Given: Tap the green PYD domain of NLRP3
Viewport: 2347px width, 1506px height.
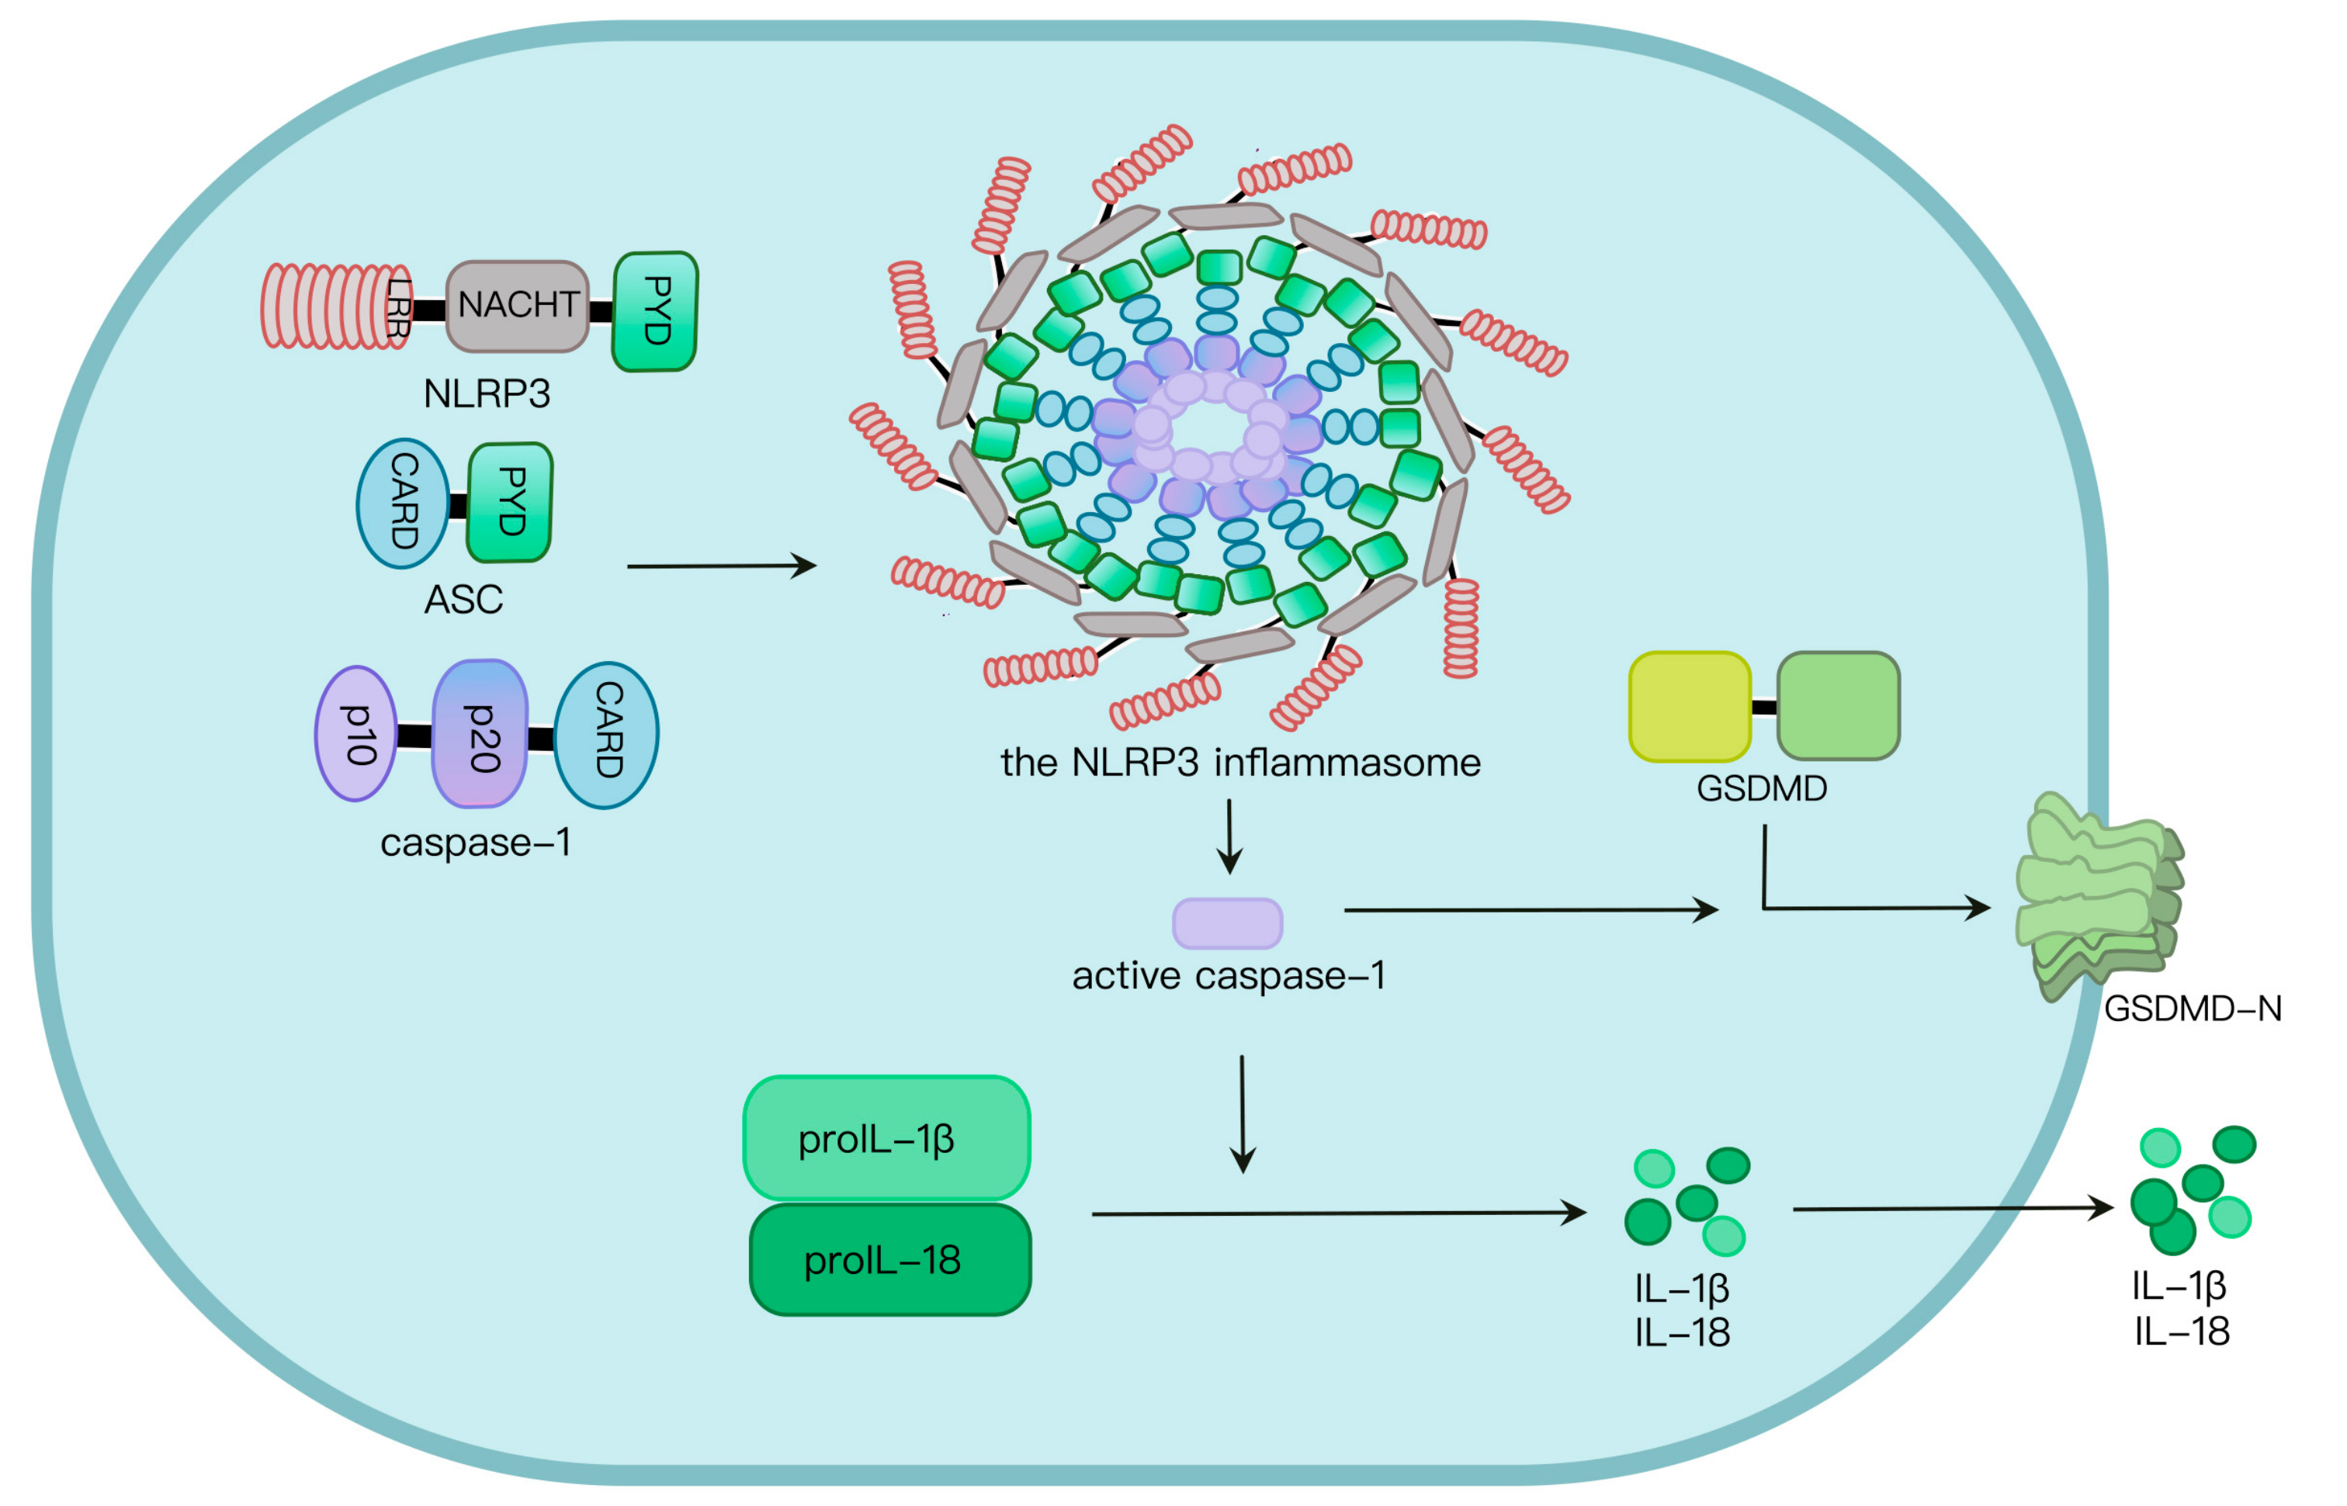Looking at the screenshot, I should (x=655, y=311).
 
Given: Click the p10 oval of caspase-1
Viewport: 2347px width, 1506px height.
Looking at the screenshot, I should (x=357, y=733).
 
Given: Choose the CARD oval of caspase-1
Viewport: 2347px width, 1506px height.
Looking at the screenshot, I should (x=606, y=733).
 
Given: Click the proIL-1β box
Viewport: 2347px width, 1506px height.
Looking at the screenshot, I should (x=886, y=1138).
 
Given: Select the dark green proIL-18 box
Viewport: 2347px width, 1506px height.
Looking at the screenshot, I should (x=890, y=1259).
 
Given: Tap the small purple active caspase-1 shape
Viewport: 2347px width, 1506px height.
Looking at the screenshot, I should (x=1227, y=923).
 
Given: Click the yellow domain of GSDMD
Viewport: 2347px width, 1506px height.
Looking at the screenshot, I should (x=1689, y=706).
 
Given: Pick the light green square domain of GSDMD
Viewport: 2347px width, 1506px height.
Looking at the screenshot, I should (x=1838, y=706).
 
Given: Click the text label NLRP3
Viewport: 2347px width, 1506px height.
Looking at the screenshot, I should (x=486, y=394).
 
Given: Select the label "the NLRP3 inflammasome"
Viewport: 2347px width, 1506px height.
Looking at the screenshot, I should (x=1240, y=763).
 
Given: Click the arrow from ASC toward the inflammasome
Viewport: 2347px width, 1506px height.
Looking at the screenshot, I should (x=721, y=566).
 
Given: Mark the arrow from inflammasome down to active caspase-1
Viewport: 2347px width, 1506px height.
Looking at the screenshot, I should (x=1229, y=836).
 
